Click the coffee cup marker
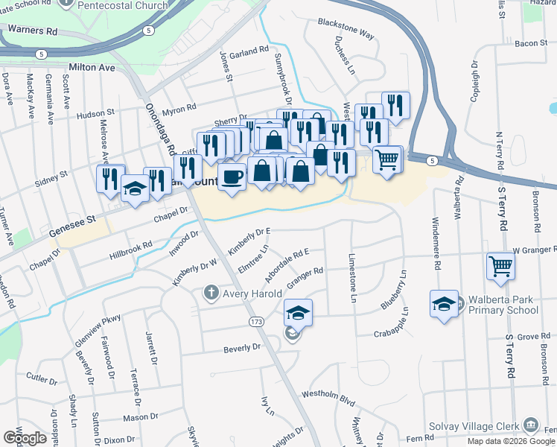232,177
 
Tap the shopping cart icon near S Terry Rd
501,264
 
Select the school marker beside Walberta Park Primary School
444,303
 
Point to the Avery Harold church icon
211,293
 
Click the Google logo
25,437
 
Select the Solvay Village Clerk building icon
531,425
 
